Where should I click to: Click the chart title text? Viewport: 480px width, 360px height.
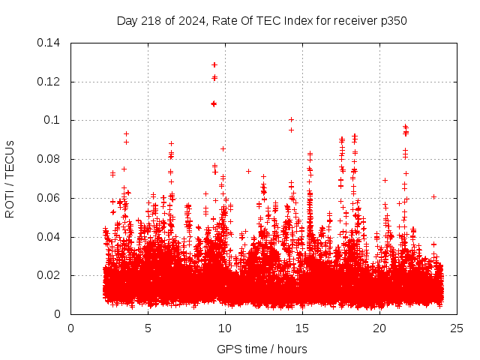262,20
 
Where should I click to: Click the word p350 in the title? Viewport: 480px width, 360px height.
392,20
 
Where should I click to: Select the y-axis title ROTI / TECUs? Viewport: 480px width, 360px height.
10,178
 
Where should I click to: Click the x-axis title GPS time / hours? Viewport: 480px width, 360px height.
262,349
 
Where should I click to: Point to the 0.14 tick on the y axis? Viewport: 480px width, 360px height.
49,42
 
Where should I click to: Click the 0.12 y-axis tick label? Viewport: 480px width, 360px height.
49,81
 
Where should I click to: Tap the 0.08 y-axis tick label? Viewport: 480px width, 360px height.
49,159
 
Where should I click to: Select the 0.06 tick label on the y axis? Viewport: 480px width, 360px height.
49,198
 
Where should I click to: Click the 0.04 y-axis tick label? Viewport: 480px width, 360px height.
49,237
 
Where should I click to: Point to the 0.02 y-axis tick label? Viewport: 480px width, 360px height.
49,276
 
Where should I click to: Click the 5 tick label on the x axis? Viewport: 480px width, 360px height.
148,328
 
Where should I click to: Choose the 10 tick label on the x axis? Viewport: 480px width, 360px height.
226,328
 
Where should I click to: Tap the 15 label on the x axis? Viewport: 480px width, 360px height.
303,328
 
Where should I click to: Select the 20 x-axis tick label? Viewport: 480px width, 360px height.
380,328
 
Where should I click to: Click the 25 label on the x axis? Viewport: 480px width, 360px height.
457,328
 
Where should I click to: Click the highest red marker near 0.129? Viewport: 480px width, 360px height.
214,64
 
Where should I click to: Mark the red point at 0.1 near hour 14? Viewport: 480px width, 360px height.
291,119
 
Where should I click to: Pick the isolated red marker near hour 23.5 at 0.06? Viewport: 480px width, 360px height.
433,196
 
